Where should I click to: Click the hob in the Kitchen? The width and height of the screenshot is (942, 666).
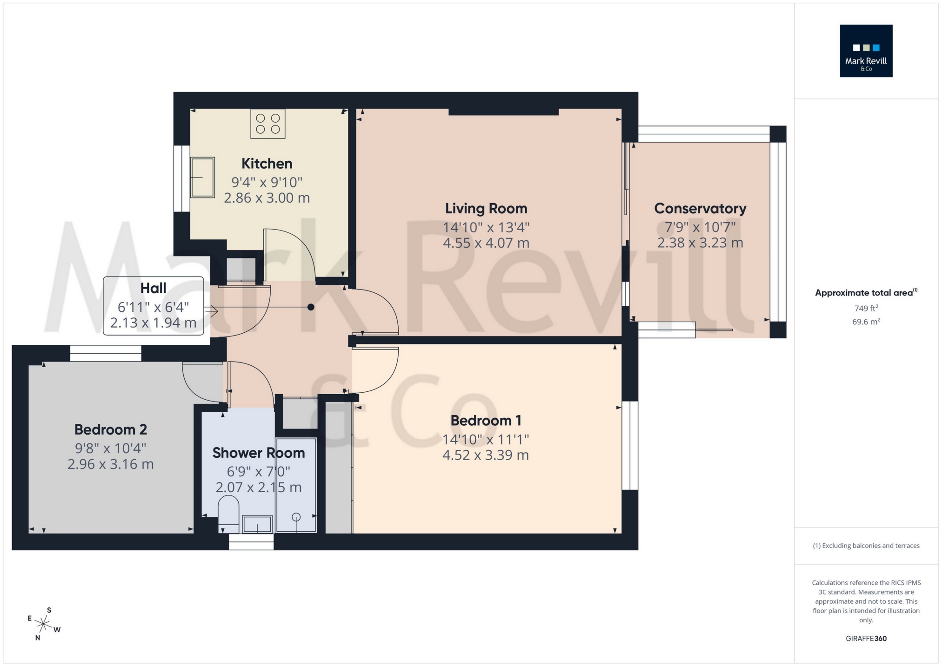[267, 124]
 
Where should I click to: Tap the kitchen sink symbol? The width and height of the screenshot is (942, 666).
[202, 177]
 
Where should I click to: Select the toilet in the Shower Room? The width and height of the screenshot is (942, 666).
[228, 514]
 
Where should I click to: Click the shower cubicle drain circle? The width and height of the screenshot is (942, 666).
[296, 517]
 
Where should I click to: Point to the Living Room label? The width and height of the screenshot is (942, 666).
[486, 209]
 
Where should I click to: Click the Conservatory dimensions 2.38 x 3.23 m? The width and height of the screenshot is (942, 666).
[700, 243]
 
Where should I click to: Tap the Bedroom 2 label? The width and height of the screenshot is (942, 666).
[111, 429]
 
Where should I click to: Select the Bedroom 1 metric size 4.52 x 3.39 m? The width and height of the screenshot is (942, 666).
[485, 455]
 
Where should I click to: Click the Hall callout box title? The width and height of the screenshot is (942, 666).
[153, 288]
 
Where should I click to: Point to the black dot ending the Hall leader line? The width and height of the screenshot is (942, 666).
[311, 307]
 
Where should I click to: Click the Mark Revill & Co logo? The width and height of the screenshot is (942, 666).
[866, 51]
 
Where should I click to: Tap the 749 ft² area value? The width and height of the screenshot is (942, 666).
[866, 308]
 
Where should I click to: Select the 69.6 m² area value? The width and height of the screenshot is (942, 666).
[866, 322]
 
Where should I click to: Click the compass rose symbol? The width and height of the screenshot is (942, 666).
[44, 624]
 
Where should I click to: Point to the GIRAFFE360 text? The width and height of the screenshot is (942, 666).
[866, 639]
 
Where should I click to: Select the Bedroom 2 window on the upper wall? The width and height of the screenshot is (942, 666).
[106, 353]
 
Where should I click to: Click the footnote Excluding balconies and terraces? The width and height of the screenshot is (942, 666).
[866, 546]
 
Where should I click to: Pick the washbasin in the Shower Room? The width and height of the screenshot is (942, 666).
[257, 524]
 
